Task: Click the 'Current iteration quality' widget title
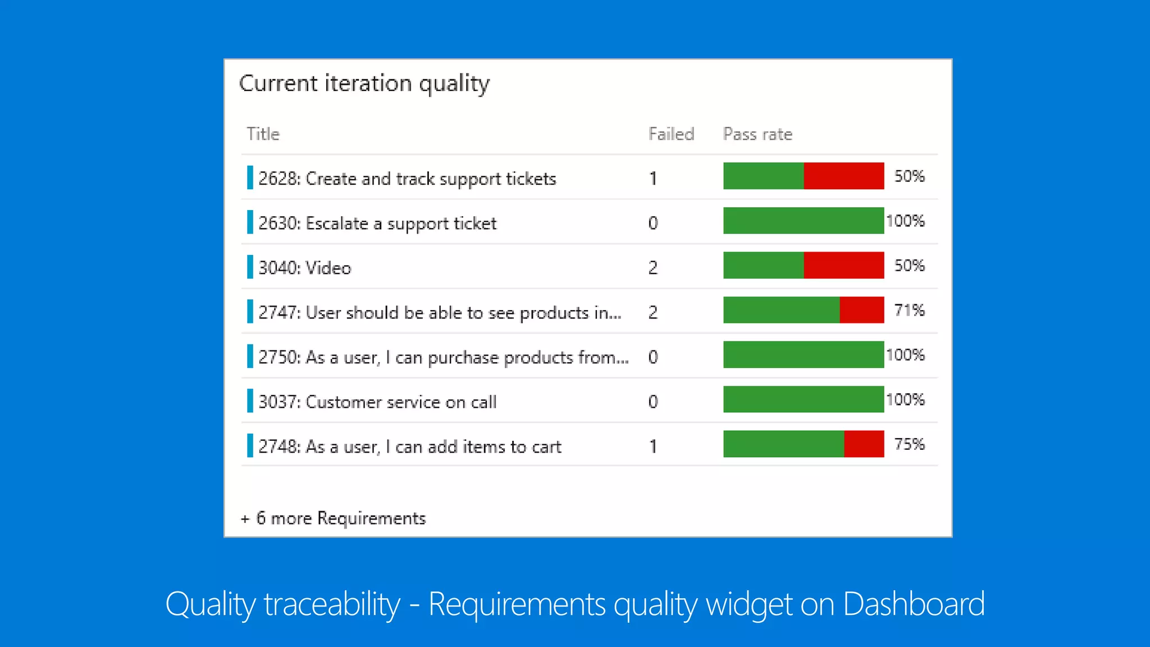click(x=364, y=84)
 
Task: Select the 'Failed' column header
click(x=671, y=134)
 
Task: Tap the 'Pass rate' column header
click(x=757, y=134)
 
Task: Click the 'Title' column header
click(x=263, y=134)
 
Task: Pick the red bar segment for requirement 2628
click(x=843, y=176)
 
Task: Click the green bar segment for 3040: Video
click(x=763, y=265)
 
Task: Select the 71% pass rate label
click(x=909, y=310)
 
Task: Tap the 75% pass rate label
click(x=909, y=444)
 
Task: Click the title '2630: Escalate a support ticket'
click(x=377, y=224)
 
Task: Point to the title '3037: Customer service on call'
click(x=377, y=402)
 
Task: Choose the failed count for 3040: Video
click(x=652, y=267)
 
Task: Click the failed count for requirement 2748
click(x=652, y=446)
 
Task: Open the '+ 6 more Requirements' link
click(x=334, y=518)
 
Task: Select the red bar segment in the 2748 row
click(x=864, y=444)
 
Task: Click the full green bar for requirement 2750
click(x=803, y=355)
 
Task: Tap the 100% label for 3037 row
click(x=905, y=400)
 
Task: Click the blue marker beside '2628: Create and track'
click(x=250, y=177)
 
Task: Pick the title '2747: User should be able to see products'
click(x=439, y=313)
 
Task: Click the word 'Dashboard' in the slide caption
click(x=913, y=604)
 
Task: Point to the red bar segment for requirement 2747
click(x=861, y=310)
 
